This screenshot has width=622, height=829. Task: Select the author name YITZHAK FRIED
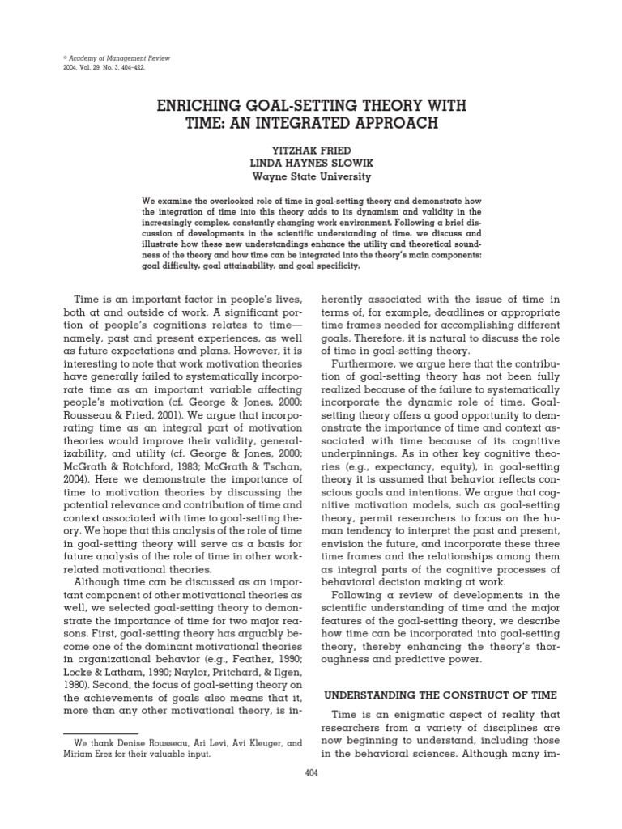(310, 149)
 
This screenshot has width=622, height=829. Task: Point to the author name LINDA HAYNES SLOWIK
(310, 163)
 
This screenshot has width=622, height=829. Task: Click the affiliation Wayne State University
(310, 176)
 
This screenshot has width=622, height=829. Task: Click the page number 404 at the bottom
(310, 773)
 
